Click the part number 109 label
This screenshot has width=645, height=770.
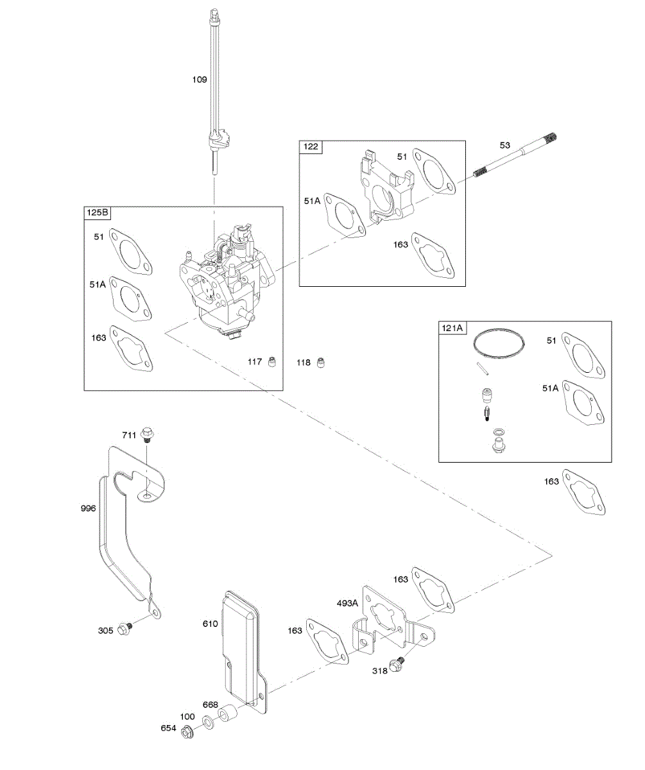click(x=200, y=80)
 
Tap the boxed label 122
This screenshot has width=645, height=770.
click(x=311, y=147)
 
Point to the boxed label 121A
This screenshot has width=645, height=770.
click(x=452, y=328)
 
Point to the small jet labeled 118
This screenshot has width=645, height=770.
click(x=322, y=363)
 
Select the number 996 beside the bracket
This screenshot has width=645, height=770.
click(x=89, y=508)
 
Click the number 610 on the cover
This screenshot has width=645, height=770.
click(x=211, y=624)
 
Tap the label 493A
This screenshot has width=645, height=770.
click(x=348, y=603)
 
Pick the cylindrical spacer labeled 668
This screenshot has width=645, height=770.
click(x=227, y=715)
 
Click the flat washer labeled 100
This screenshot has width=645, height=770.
click(x=209, y=722)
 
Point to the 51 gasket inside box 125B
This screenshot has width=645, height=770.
click(x=131, y=253)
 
